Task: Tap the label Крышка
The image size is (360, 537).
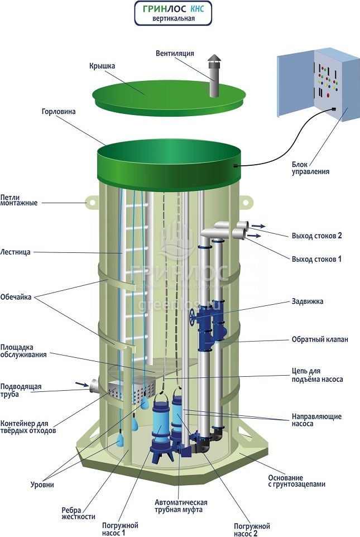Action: pyautogui.click(x=102, y=66)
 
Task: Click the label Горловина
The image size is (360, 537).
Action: pyautogui.click(x=58, y=112)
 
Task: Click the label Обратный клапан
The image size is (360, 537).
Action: pyautogui.click(x=320, y=339)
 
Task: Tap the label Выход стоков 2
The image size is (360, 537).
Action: pyautogui.click(x=316, y=236)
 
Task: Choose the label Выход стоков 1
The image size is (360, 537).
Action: pyautogui.click(x=316, y=259)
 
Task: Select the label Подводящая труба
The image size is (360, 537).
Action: pyautogui.click(x=21, y=390)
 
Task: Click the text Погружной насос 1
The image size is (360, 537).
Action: pyautogui.click(x=120, y=529)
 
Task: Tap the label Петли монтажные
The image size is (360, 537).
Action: pyautogui.click(x=19, y=200)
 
